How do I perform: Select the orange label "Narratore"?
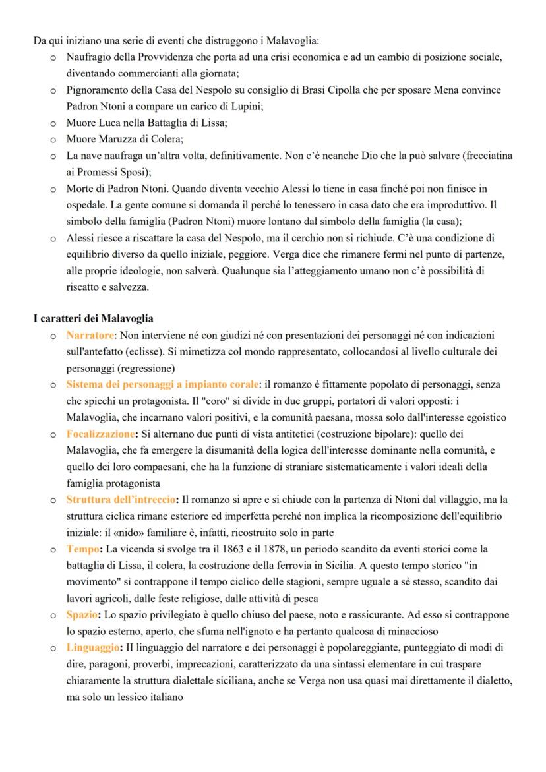pyautogui.click(x=90, y=336)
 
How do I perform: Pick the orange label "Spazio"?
pyautogui.click(x=82, y=615)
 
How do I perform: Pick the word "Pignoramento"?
pyautogui.click(x=95, y=90)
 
